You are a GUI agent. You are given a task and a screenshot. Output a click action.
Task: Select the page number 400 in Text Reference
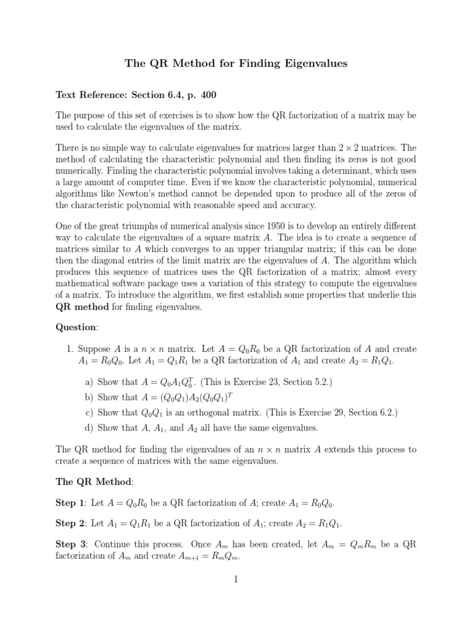pyautogui.click(x=206, y=95)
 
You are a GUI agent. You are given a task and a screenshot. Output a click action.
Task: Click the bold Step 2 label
pyautogui.click(x=70, y=524)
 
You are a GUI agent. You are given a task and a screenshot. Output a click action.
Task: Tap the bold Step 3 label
pyautogui.click(x=70, y=544)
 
